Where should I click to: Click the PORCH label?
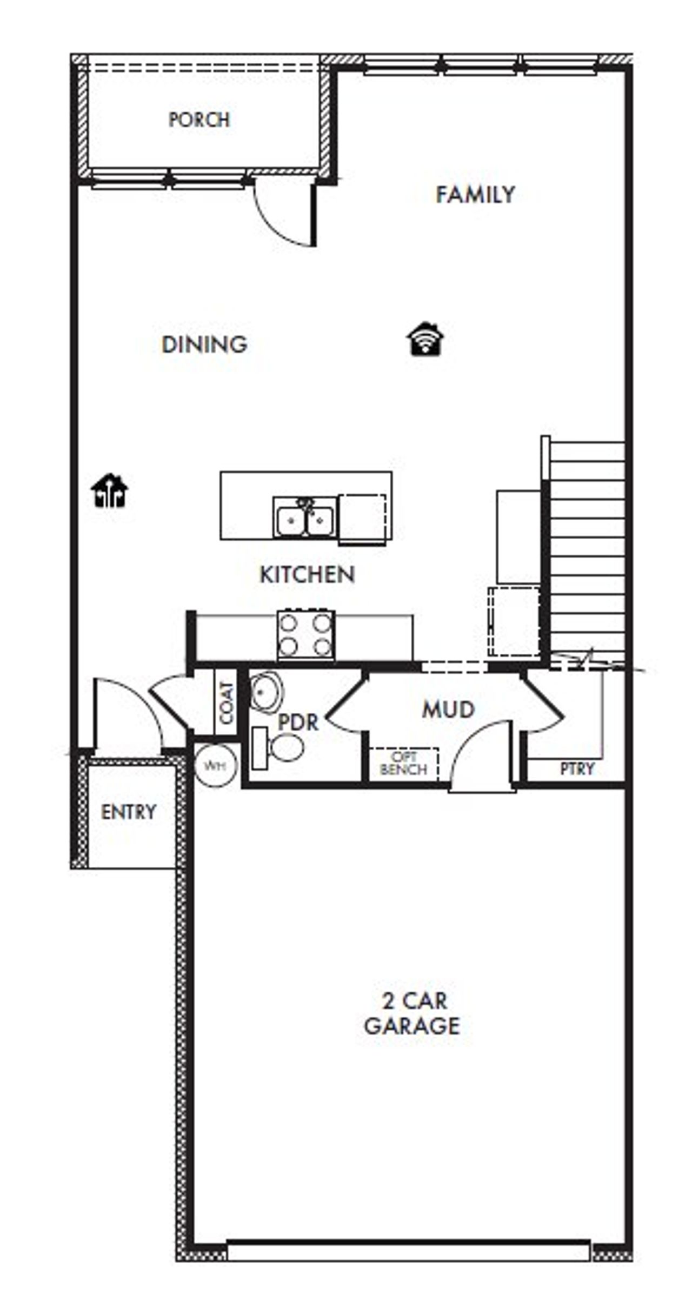(199, 120)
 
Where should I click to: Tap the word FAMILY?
(475, 195)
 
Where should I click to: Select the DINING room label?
(204, 344)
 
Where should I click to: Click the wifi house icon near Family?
(425, 340)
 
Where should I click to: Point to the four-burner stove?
(305, 635)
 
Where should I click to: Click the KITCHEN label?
(307, 574)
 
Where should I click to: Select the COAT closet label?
(226, 702)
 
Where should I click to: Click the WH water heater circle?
(216, 766)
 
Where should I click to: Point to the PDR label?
(298, 722)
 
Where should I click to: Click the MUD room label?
(448, 709)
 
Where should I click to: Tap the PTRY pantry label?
(577, 769)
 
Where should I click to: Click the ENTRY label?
(128, 812)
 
